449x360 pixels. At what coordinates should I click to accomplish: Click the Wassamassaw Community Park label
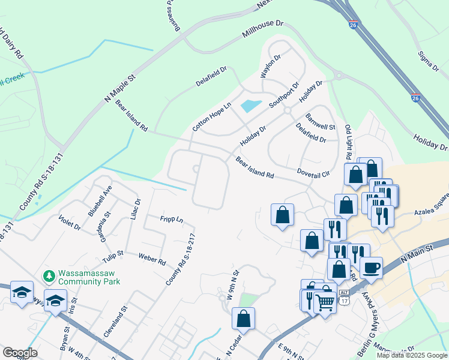(89, 277)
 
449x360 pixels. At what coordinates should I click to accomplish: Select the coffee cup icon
(371, 267)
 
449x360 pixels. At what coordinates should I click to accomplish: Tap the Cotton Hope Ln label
(211, 117)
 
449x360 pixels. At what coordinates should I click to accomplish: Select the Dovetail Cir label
(314, 172)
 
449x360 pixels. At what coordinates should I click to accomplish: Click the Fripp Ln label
(172, 220)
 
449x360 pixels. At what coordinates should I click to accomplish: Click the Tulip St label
(112, 253)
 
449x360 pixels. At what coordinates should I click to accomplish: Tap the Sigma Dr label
(424, 58)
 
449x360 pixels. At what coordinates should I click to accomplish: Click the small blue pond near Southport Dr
(251, 106)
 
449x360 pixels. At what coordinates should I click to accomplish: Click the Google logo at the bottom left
(20, 353)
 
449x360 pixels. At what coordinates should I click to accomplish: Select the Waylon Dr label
(270, 67)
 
